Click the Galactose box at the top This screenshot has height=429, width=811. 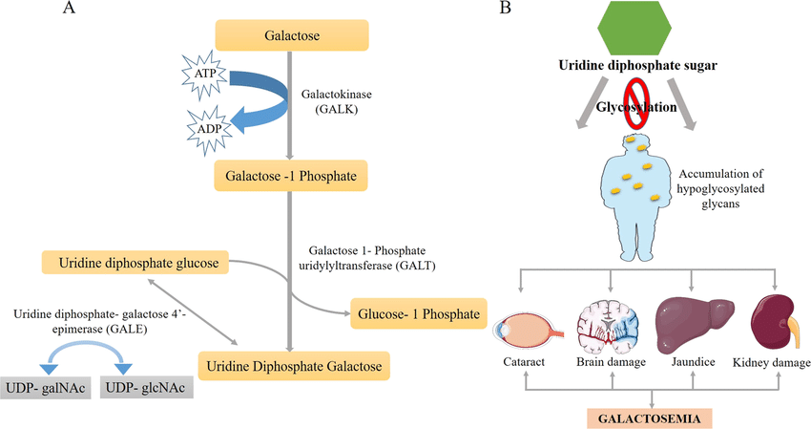coord(290,35)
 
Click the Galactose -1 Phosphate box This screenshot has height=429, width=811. coord(290,176)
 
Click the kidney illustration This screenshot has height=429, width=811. coord(773,324)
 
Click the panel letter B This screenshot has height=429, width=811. coord(506,9)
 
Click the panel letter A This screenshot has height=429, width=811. coord(69,9)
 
